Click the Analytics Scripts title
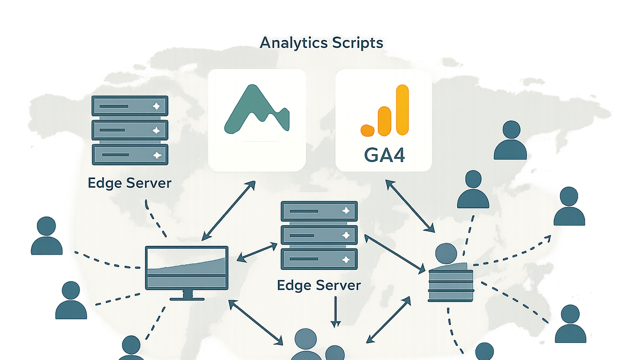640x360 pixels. (321, 43)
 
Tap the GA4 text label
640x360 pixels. (385, 155)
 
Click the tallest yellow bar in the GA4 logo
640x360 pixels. (403, 110)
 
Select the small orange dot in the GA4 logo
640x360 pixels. (367, 130)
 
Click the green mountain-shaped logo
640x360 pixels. (257, 109)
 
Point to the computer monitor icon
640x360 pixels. (187, 273)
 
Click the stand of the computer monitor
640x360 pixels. (187, 295)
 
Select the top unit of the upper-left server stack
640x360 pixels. (130, 106)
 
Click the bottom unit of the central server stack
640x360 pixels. (319, 259)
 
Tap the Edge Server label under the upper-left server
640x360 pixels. (130, 183)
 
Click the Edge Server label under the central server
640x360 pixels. (319, 285)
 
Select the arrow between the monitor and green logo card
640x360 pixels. (228, 211)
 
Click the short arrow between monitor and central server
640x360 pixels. (257, 252)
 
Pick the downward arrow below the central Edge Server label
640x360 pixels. (335, 311)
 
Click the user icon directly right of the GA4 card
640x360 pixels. (510, 140)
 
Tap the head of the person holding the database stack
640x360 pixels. (446, 253)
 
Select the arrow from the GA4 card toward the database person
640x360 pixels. (410, 206)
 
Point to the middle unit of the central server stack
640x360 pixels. (319, 235)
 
